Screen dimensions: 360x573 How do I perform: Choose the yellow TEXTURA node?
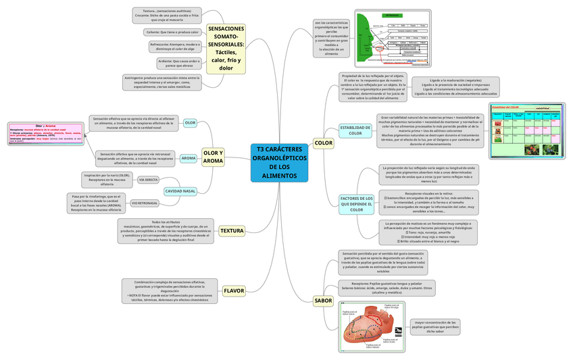pos(232,231)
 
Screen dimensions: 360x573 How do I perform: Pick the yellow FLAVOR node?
pos(233,290)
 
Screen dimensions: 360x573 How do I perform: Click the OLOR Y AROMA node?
pos(212,176)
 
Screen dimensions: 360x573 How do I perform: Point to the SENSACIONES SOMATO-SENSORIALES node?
pos(226,49)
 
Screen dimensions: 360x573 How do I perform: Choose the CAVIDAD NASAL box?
pos(180,191)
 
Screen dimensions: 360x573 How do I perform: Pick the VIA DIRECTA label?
pos(149,180)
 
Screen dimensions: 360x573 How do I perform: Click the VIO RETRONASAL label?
pos(145,203)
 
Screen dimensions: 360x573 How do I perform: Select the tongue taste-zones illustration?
pos(372,327)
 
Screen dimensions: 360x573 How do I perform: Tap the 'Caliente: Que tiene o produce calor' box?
pos(173,32)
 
